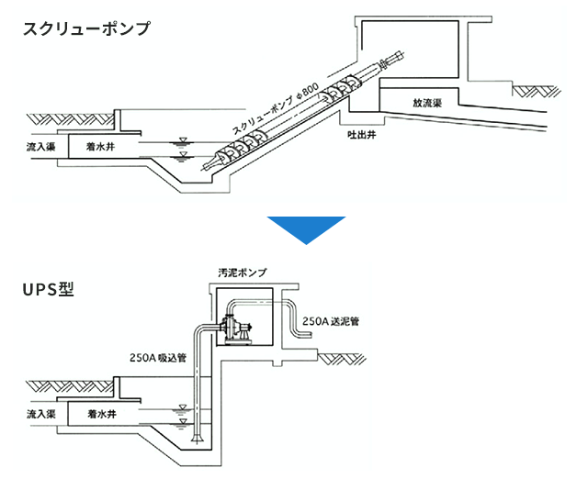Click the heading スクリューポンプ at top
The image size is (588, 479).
point(86,28)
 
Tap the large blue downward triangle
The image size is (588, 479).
point(305,229)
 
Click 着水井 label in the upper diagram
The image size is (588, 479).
point(100,146)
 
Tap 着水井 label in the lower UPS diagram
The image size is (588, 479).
point(100,414)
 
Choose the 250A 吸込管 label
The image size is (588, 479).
point(159,358)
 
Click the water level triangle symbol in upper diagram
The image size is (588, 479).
point(184,141)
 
